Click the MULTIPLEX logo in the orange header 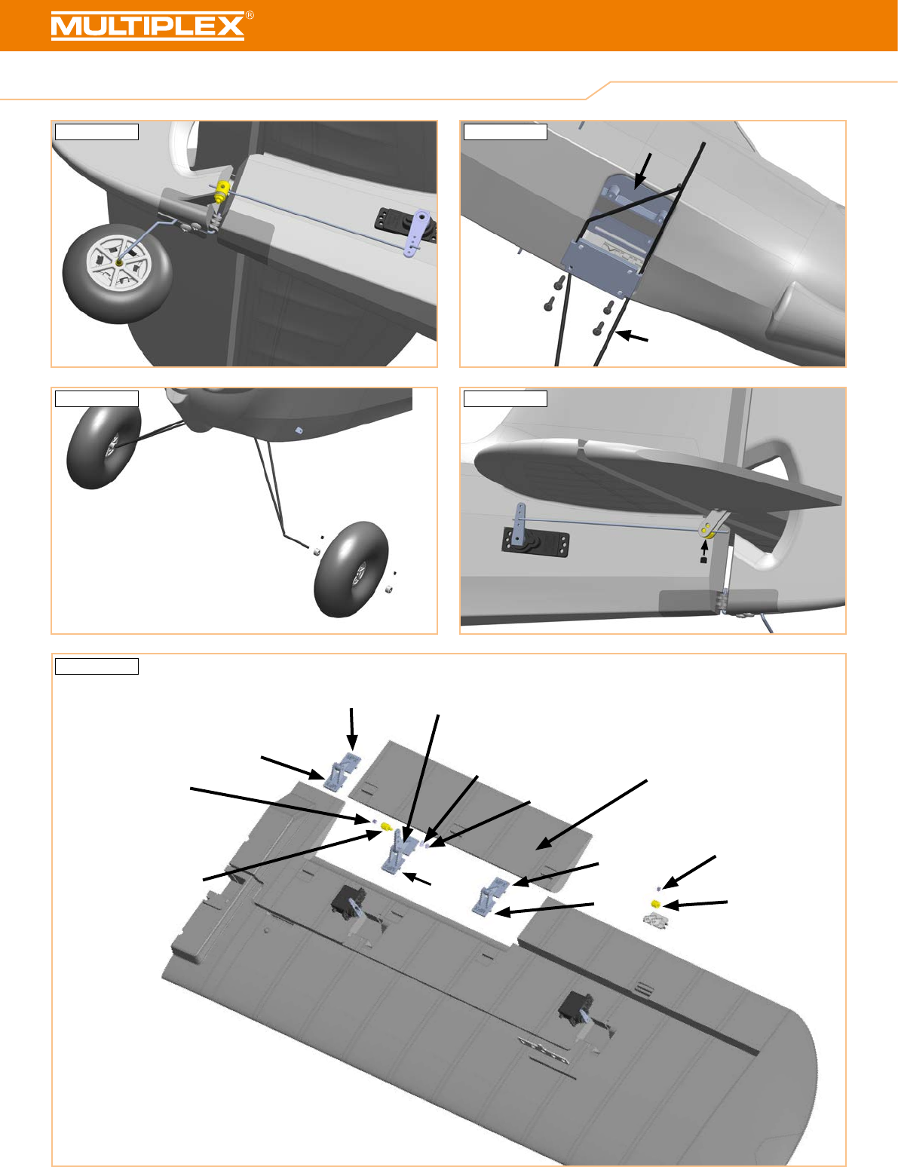coord(148,26)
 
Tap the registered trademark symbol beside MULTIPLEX coord(250,16)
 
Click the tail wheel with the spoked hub coord(117,274)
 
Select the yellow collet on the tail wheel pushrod coord(221,191)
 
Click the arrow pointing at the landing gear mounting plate coord(643,171)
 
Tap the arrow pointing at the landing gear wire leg coord(632,337)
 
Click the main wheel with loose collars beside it coord(351,569)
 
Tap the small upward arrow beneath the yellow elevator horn coord(704,548)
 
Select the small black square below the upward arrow coord(703,561)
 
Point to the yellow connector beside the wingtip coord(654,904)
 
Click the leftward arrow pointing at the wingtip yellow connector coord(695,905)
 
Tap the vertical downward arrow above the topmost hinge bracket coord(352,729)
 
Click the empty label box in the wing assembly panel coord(97,666)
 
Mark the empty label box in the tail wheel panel coord(97,132)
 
